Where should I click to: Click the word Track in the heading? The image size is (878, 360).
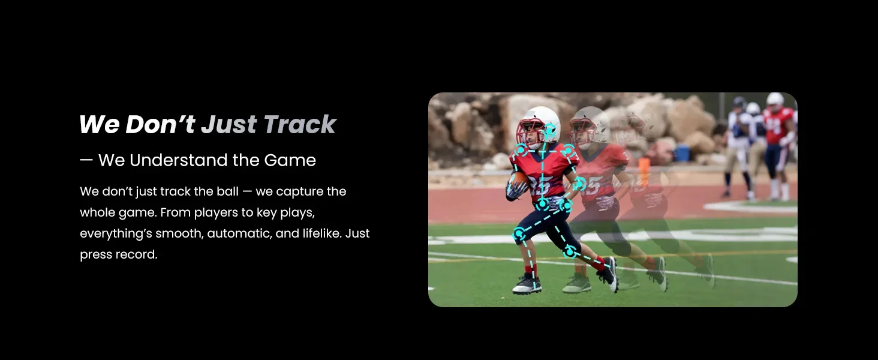click(300, 124)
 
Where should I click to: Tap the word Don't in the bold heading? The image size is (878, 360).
click(160, 124)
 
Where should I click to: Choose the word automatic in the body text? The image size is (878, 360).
click(237, 233)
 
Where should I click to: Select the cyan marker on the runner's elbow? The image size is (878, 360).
click(578, 184)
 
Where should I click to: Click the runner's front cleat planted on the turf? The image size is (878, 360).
click(527, 285)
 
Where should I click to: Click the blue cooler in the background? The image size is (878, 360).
click(682, 154)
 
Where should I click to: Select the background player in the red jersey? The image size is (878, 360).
click(778, 141)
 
